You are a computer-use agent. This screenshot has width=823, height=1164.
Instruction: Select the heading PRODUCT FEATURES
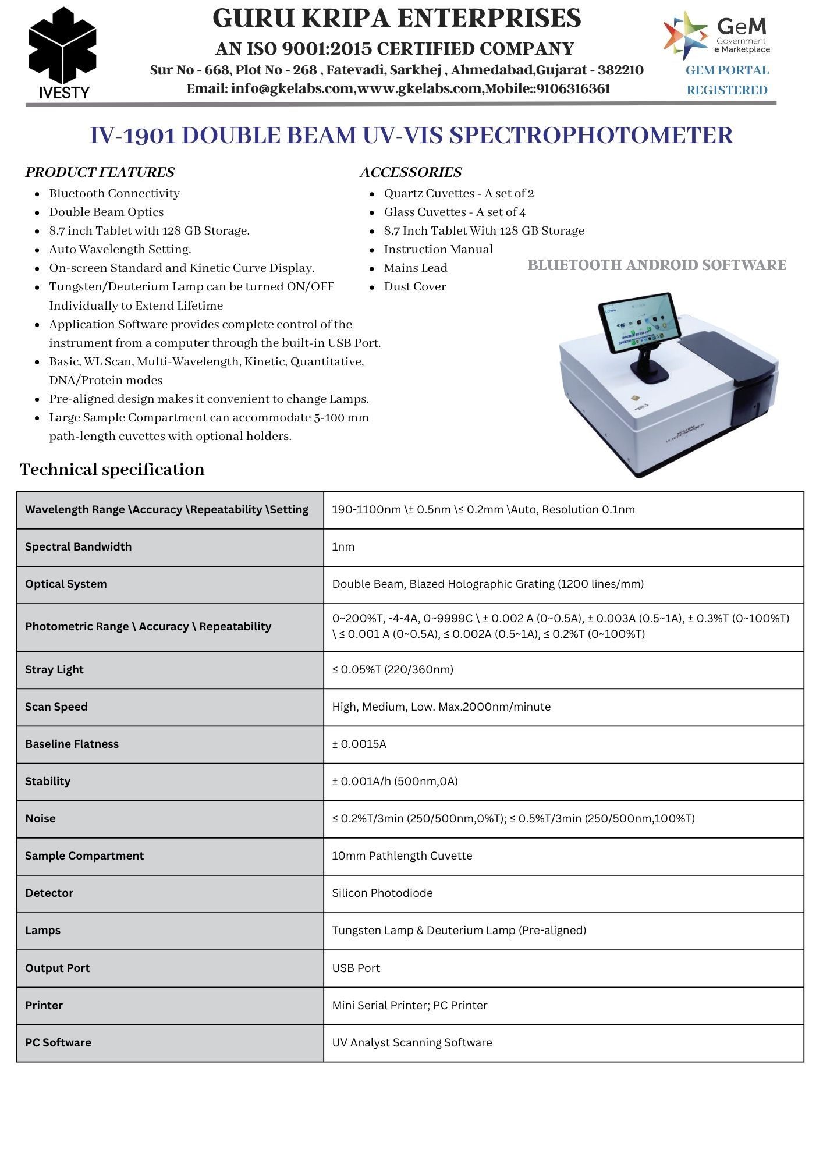pos(100,172)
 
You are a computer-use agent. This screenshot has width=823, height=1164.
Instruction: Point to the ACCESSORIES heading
pos(411,172)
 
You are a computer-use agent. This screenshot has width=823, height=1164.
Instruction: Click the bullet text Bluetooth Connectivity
pos(114,193)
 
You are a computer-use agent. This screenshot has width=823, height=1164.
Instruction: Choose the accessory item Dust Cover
pos(415,286)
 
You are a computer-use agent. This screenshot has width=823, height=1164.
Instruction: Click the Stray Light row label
pos(54,669)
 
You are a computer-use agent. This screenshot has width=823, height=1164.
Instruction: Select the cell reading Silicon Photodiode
pos(382,893)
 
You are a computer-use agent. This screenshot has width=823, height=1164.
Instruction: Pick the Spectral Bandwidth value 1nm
pos(343,546)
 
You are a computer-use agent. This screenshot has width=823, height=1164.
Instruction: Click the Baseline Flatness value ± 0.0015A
pos(359,744)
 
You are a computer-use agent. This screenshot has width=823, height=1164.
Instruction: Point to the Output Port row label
pos(57,968)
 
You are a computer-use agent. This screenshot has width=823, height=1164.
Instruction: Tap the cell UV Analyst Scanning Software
pos(412,1042)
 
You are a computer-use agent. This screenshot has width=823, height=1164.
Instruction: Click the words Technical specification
pos(112,470)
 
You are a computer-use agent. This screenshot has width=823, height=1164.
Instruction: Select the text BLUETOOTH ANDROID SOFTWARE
pos(657,265)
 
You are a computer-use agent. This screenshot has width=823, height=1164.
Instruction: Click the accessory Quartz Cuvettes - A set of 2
pos(459,193)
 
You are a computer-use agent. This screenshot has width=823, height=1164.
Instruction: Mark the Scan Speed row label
pos(56,707)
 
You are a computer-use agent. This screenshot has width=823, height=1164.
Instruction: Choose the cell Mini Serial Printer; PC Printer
pos(410,1005)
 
